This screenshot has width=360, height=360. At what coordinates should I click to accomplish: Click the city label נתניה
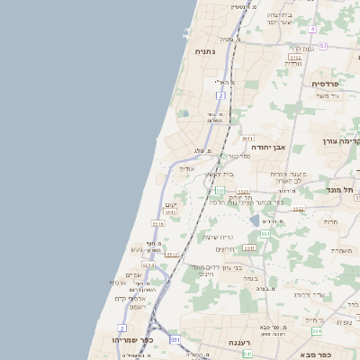click(205, 52)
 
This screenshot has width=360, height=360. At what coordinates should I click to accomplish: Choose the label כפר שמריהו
click(130, 341)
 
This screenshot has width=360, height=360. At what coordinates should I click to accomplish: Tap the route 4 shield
click(312, 29)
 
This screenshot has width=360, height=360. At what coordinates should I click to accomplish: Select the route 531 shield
click(175, 339)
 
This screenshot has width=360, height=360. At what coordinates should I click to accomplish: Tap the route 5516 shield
click(157, 224)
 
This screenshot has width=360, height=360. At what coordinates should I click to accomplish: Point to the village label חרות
click(330, 221)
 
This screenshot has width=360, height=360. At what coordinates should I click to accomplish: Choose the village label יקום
click(172, 205)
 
